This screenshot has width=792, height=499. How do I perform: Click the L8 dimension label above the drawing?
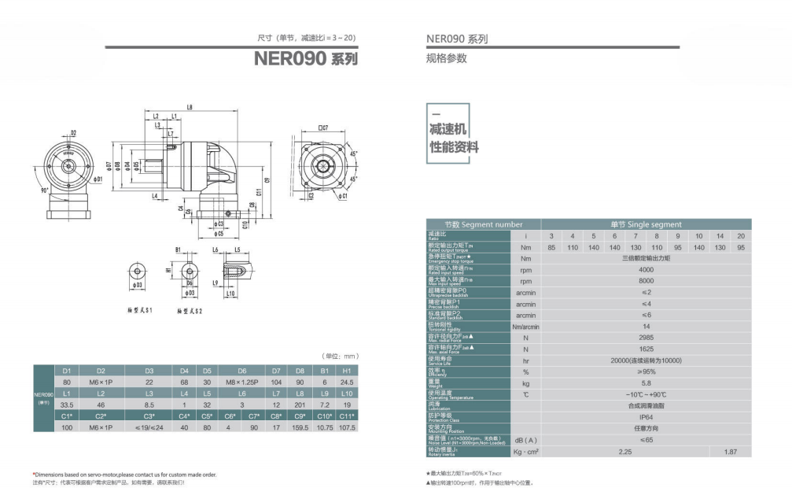coord(190,107)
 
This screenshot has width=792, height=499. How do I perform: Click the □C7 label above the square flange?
coord(322,127)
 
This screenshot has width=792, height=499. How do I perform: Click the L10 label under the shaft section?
coord(230,294)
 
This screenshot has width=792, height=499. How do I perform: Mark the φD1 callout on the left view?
coord(98,180)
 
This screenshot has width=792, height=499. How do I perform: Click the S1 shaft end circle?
coord(138,273)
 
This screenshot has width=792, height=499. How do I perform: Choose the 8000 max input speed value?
coord(646,280)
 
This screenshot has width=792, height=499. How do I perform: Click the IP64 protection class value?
coord(646,417)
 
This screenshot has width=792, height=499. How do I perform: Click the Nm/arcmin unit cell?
coord(525,326)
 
